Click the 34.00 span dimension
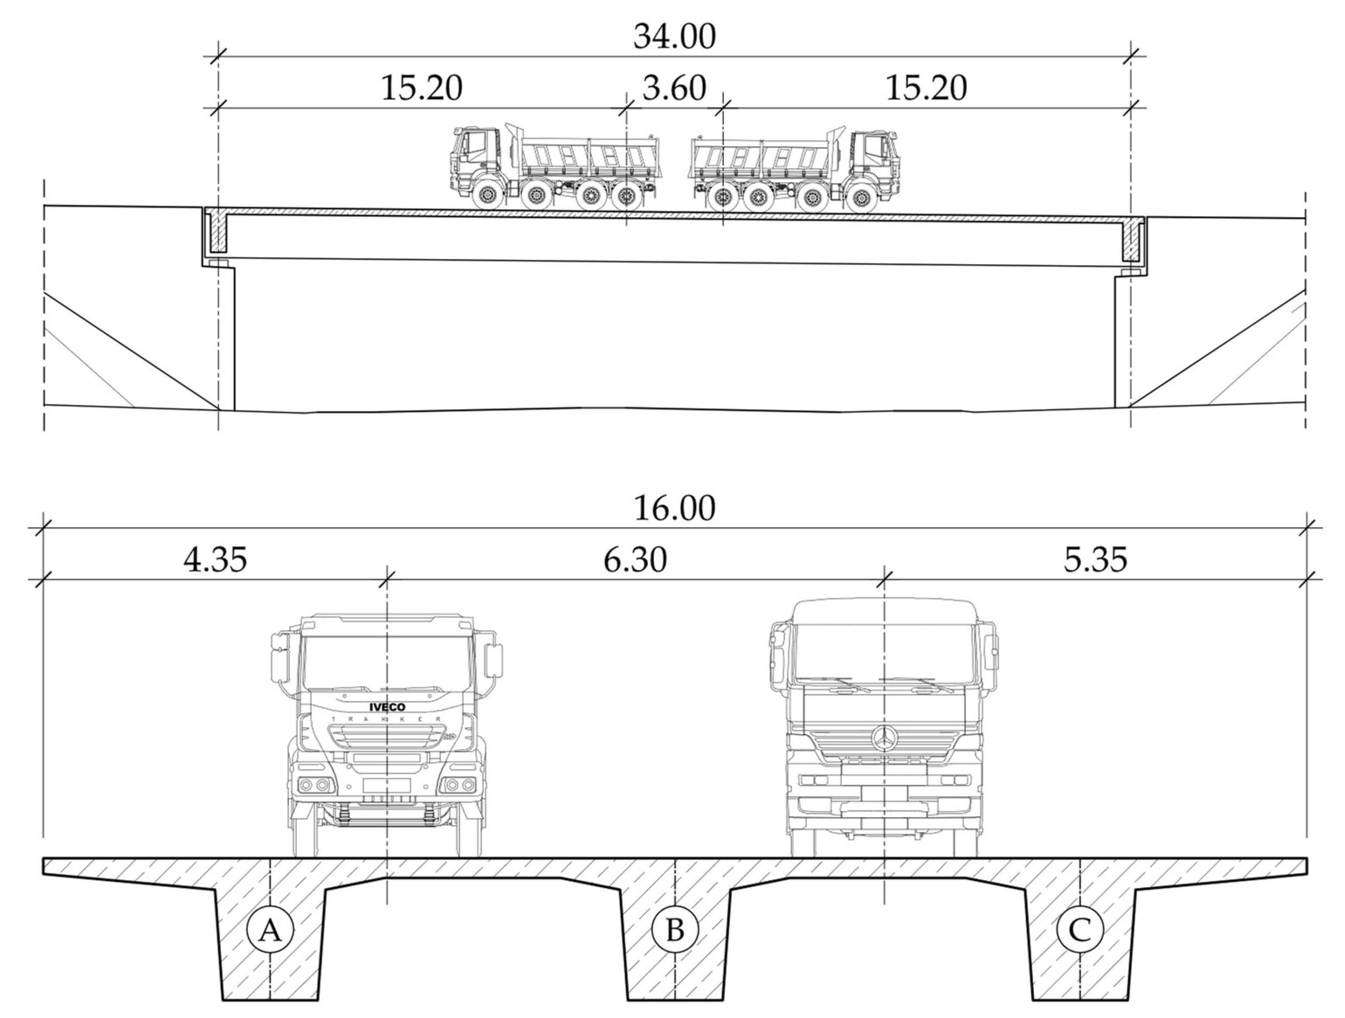point(674,37)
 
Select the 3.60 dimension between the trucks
point(674,89)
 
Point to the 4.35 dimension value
point(215,559)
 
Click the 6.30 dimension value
point(635,559)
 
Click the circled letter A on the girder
point(270,930)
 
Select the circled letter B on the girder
point(675,930)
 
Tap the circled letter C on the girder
point(1080,930)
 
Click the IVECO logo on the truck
point(387,707)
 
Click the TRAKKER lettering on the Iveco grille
point(387,720)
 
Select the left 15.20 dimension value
point(421,89)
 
